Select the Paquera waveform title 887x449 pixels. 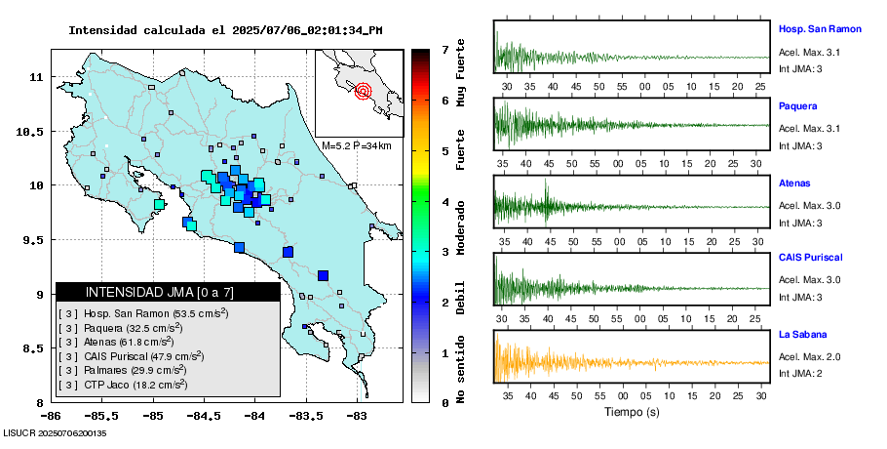pyautogui.click(x=797, y=105)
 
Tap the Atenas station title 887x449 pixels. pyautogui.click(x=794, y=183)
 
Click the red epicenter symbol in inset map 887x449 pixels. pyautogui.click(x=364, y=92)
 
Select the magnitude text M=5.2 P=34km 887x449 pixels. pyautogui.click(x=356, y=145)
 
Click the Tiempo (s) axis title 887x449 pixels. pyautogui.click(x=631, y=412)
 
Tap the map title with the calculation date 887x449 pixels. pyautogui.click(x=225, y=30)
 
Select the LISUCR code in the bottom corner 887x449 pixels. pyautogui.click(x=55, y=433)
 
